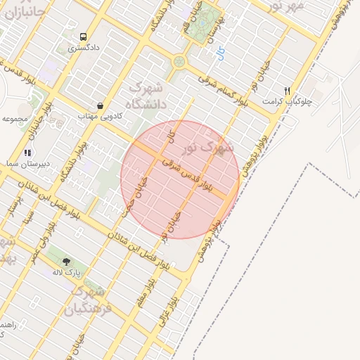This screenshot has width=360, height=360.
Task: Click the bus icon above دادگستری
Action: (x=84, y=37)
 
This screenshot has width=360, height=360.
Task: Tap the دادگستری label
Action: (x=84, y=49)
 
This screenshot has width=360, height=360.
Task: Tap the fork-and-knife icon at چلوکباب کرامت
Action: (x=287, y=91)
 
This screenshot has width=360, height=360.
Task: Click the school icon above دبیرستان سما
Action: (x=27, y=152)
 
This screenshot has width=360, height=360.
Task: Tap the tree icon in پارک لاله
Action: (x=67, y=261)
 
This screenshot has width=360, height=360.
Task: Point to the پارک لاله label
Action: (x=67, y=272)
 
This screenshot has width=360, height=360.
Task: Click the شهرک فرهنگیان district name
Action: (x=88, y=300)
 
